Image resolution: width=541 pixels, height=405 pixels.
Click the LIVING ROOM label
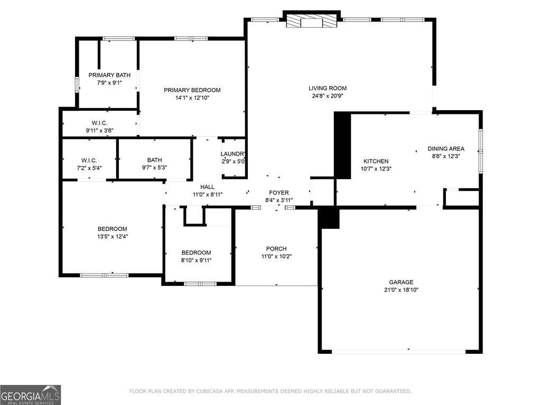click(328, 88)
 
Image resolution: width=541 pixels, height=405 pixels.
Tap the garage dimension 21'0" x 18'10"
click(402, 290)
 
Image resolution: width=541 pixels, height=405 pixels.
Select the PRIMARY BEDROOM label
click(192, 90)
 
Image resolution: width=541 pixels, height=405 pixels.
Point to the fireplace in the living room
click(311, 21)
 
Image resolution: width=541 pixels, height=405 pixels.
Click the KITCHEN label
click(376, 161)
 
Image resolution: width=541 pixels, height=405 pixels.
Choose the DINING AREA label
click(446, 149)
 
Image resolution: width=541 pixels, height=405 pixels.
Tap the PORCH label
click(276, 249)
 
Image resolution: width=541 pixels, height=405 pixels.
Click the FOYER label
click(279, 192)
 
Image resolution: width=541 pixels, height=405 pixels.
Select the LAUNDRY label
click(233, 154)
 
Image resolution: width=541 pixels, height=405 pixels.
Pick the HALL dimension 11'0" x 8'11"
click(207, 195)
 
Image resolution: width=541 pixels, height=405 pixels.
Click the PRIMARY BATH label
click(109, 75)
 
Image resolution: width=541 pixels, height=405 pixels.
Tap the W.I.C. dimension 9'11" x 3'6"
click(99, 130)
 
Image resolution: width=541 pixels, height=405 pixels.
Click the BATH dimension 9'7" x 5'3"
click(154, 168)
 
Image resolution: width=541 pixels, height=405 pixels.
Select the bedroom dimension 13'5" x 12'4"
click(112, 237)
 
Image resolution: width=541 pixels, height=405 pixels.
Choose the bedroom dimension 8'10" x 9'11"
click(196, 260)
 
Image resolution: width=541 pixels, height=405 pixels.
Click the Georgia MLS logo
click(31, 394)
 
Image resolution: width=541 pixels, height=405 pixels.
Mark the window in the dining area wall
click(480, 150)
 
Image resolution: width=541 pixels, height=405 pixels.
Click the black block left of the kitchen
click(342, 146)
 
